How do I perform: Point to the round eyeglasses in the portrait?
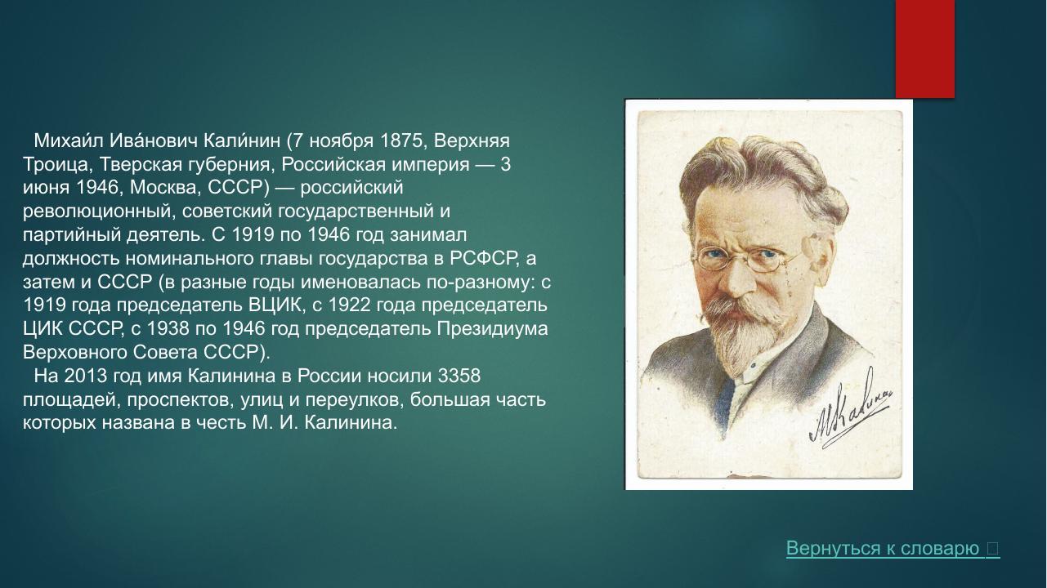pyautogui.click(x=747, y=259)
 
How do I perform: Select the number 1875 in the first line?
pyautogui.click(x=396, y=140)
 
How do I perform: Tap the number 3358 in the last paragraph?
pyautogui.click(x=459, y=376)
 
